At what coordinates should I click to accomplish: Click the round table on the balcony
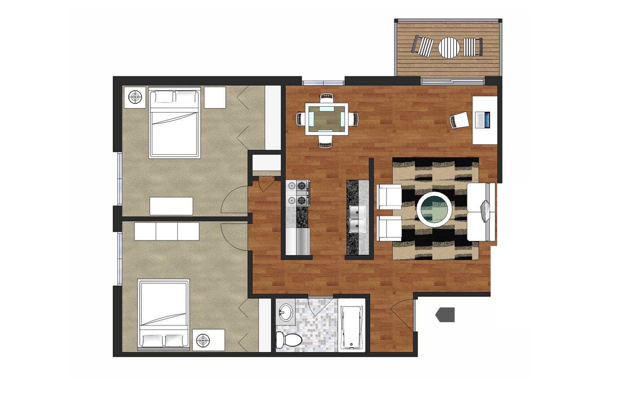pos(449,47)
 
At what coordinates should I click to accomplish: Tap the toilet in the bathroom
pos(289,339)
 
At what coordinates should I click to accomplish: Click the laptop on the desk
pos(484,120)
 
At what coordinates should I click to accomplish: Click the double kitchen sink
pos(357,219)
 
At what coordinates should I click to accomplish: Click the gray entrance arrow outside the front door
pos(445,314)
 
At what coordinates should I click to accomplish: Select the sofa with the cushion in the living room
pos(481,212)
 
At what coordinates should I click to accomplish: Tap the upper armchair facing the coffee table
pos(389,196)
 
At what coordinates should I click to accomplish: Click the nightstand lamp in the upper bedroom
pos(135,97)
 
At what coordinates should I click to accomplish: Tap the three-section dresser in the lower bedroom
pos(167,231)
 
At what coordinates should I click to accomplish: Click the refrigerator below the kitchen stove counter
pos(298,241)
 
